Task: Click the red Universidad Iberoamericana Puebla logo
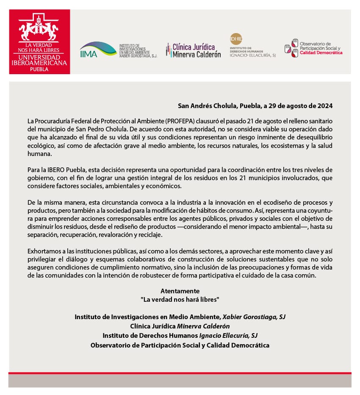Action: [39, 42]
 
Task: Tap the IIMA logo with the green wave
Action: [98, 50]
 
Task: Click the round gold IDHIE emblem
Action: [236, 39]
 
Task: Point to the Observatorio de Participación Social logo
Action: [313, 49]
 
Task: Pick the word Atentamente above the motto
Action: [180, 291]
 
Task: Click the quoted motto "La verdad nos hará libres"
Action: [180, 299]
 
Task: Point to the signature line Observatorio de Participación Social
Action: [180, 345]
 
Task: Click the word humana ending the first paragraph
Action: [37, 154]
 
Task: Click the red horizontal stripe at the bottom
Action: [180, 373]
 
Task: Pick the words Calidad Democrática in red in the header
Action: [321, 53]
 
